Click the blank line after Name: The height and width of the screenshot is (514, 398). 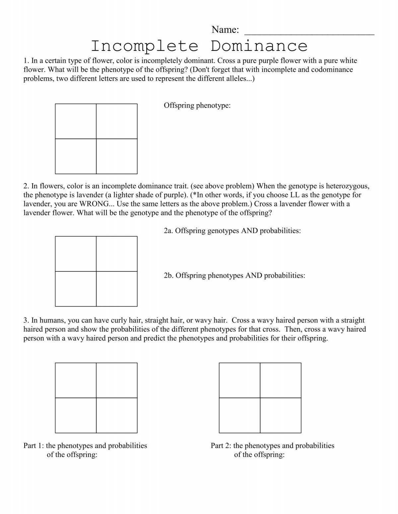point(309,32)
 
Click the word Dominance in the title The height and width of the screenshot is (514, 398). point(259,46)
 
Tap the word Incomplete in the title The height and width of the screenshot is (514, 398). point(145,46)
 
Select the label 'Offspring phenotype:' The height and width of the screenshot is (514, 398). point(197,106)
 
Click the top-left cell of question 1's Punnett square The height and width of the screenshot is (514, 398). point(76,121)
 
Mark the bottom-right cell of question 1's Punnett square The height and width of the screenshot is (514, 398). point(117,156)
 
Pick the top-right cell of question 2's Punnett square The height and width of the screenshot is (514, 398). point(117,254)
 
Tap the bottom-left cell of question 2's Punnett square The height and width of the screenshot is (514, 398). point(76,289)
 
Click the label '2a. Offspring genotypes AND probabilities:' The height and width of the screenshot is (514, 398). point(232,231)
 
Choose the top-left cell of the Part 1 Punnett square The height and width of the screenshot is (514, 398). point(76,380)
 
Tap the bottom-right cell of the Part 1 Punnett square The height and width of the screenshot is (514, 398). point(117,415)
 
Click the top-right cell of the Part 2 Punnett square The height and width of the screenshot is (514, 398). point(281,380)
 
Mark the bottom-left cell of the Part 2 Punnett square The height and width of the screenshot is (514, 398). point(239,415)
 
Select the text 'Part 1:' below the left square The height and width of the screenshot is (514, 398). point(34,446)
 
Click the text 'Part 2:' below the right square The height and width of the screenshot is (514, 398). point(221,446)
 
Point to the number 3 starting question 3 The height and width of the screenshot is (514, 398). point(26,321)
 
